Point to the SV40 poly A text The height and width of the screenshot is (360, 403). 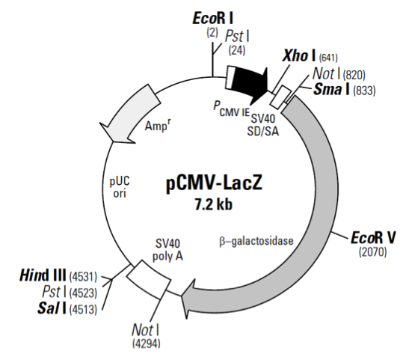[169, 249]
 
